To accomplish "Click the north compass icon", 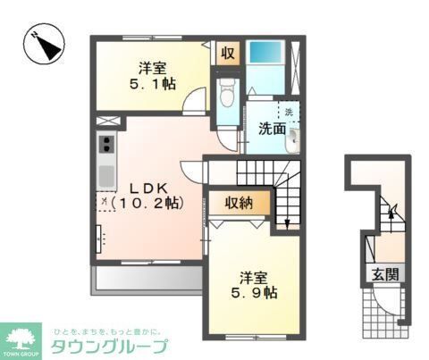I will (x=44, y=43).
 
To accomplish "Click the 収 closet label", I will (x=228, y=53).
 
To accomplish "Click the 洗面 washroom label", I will (x=273, y=129).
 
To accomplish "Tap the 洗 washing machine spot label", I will (x=289, y=112).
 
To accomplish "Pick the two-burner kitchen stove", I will (x=105, y=144).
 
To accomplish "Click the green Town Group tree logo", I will (x=21, y=336).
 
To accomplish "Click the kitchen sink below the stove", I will (x=105, y=171).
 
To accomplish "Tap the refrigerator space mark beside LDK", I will (x=105, y=203).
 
